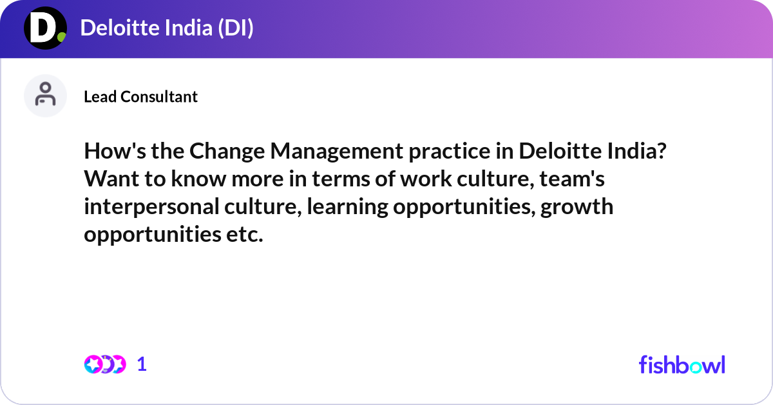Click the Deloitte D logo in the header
coord(45,29)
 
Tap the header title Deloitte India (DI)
coord(167,28)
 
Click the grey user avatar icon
coord(45,95)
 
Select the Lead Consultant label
coord(140,97)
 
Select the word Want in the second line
coord(106,180)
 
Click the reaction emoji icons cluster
coord(104,364)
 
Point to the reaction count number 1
coord(142,364)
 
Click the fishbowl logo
coord(682,364)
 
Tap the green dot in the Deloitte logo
coord(61,37)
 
